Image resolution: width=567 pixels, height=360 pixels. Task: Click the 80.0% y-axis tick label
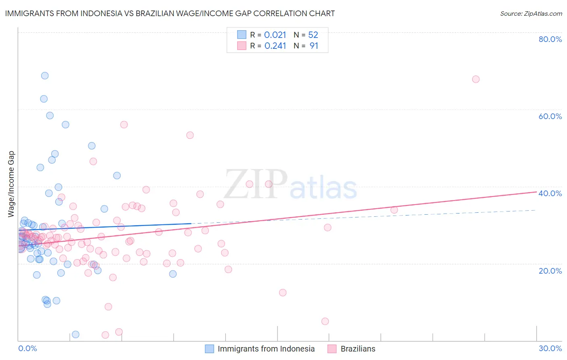pyautogui.click(x=550, y=39)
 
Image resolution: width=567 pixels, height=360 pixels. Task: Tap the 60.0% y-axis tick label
pyautogui.click(x=550, y=116)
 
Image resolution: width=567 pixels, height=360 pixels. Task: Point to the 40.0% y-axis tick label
pyautogui.click(x=550, y=193)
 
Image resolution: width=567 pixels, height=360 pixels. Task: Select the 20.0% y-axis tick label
pyautogui.click(x=550, y=271)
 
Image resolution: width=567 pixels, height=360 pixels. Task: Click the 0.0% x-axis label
pyautogui.click(x=27, y=348)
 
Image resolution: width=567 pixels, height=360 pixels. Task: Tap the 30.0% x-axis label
pyautogui.click(x=550, y=348)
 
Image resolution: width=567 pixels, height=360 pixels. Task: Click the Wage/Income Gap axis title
pyautogui.click(x=11, y=184)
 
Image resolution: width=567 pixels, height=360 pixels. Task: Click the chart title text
pyautogui.click(x=170, y=13)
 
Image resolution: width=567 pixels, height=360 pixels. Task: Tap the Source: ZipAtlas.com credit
pyautogui.click(x=531, y=13)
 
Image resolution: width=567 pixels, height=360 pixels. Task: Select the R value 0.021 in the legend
pyautogui.click(x=275, y=35)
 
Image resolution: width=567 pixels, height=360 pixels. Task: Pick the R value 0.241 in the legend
pyautogui.click(x=275, y=46)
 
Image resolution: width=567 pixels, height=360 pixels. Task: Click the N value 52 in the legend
pyautogui.click(x=313, y=35)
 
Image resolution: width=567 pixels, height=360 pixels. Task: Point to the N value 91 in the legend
pyautogui.click(x=314, y=46)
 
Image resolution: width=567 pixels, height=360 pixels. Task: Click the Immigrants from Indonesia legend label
pyautogui.click(x=266, y=349)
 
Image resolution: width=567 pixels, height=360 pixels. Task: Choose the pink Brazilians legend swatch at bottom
pyautogui.click(x=332, y=349)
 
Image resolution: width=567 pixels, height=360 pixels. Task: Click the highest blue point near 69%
pyautogui.click(x=45, y=75)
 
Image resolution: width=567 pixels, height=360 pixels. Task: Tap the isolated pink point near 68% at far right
pyautogui.click(x=476, y=79)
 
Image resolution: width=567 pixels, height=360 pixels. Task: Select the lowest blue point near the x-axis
pyautogui.click(x=75, y=334)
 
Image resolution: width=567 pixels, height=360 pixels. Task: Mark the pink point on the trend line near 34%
pyautogui.click(x=394, y=210)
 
